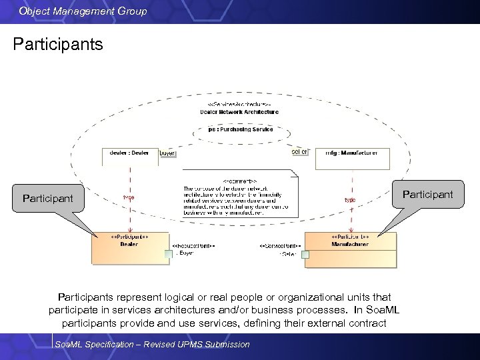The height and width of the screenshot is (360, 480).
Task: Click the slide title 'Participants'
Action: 58,45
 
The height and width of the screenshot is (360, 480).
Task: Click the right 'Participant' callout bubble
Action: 427,195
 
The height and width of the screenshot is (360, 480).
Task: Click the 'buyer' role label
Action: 167,153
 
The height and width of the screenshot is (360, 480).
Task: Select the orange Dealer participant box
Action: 130,249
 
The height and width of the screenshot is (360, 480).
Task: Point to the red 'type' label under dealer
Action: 129,197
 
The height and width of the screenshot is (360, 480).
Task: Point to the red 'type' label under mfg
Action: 349,199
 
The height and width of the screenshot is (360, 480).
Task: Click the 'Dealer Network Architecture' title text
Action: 239,112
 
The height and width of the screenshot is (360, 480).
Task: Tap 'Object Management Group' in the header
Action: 83,11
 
